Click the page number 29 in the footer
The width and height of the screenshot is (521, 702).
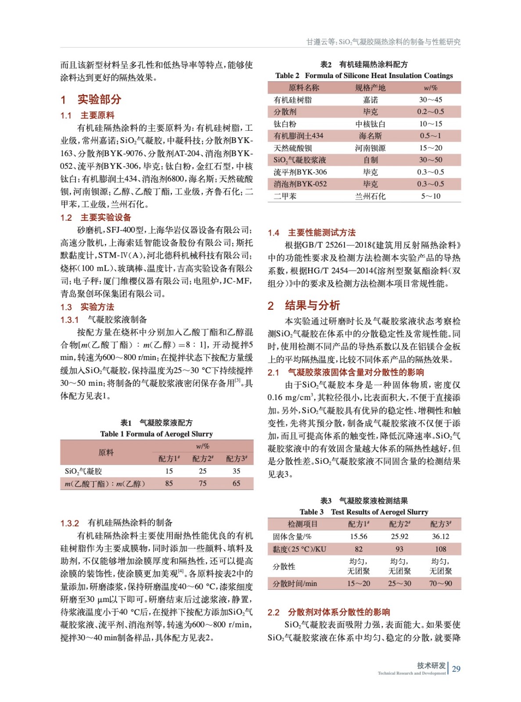pos(456,669)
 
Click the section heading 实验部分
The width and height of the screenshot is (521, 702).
pos(99,99)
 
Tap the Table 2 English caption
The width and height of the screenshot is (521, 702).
pos(364,75)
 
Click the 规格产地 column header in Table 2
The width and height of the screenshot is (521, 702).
pos(370,88)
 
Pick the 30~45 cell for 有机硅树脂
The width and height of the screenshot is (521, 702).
pos(430,100)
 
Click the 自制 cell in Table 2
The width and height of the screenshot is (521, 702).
pos(370,160)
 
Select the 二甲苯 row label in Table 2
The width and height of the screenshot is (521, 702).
pos(285,196)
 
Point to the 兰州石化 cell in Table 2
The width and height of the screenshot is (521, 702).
pos(370,196)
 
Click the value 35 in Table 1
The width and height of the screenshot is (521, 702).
pos(236,471)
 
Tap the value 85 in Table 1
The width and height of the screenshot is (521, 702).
pos(169,484)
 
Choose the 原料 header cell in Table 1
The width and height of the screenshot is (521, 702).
pos(106,452)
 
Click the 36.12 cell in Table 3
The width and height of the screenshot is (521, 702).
pos(440,537)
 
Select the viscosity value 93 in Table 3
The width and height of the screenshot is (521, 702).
pos(399,549)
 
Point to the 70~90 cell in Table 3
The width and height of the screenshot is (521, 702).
pos(440,584)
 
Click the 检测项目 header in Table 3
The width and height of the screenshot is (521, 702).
pos(302,524)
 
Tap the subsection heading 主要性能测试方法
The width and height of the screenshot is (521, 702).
pos(321,233)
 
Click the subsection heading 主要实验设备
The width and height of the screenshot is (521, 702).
pos(105,218)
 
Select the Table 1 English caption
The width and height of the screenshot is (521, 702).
pos(156,434)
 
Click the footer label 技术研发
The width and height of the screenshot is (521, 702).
pos(431,666)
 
